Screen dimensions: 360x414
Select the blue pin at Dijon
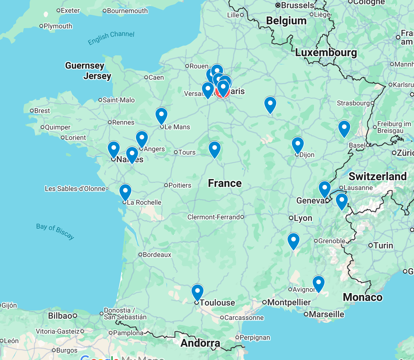[298, 144]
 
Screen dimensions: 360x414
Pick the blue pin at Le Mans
[161, 115]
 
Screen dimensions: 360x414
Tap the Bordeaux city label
[157, 255]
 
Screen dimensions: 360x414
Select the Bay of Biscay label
[55, 231]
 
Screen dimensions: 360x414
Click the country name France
[225, 183]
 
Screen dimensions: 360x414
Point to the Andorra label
[200, 343]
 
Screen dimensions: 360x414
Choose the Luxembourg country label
[326, 53]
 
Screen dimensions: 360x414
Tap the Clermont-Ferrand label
[214, 217]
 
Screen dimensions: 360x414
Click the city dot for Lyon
[291, 218]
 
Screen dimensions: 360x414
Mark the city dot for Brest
[32, 111]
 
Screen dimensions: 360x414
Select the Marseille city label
[326, 314]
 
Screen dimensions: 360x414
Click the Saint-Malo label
[118, 100]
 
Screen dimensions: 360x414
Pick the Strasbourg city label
[353, 103]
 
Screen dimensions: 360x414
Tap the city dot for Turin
[371, 245]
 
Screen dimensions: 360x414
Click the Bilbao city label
[60, 315]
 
